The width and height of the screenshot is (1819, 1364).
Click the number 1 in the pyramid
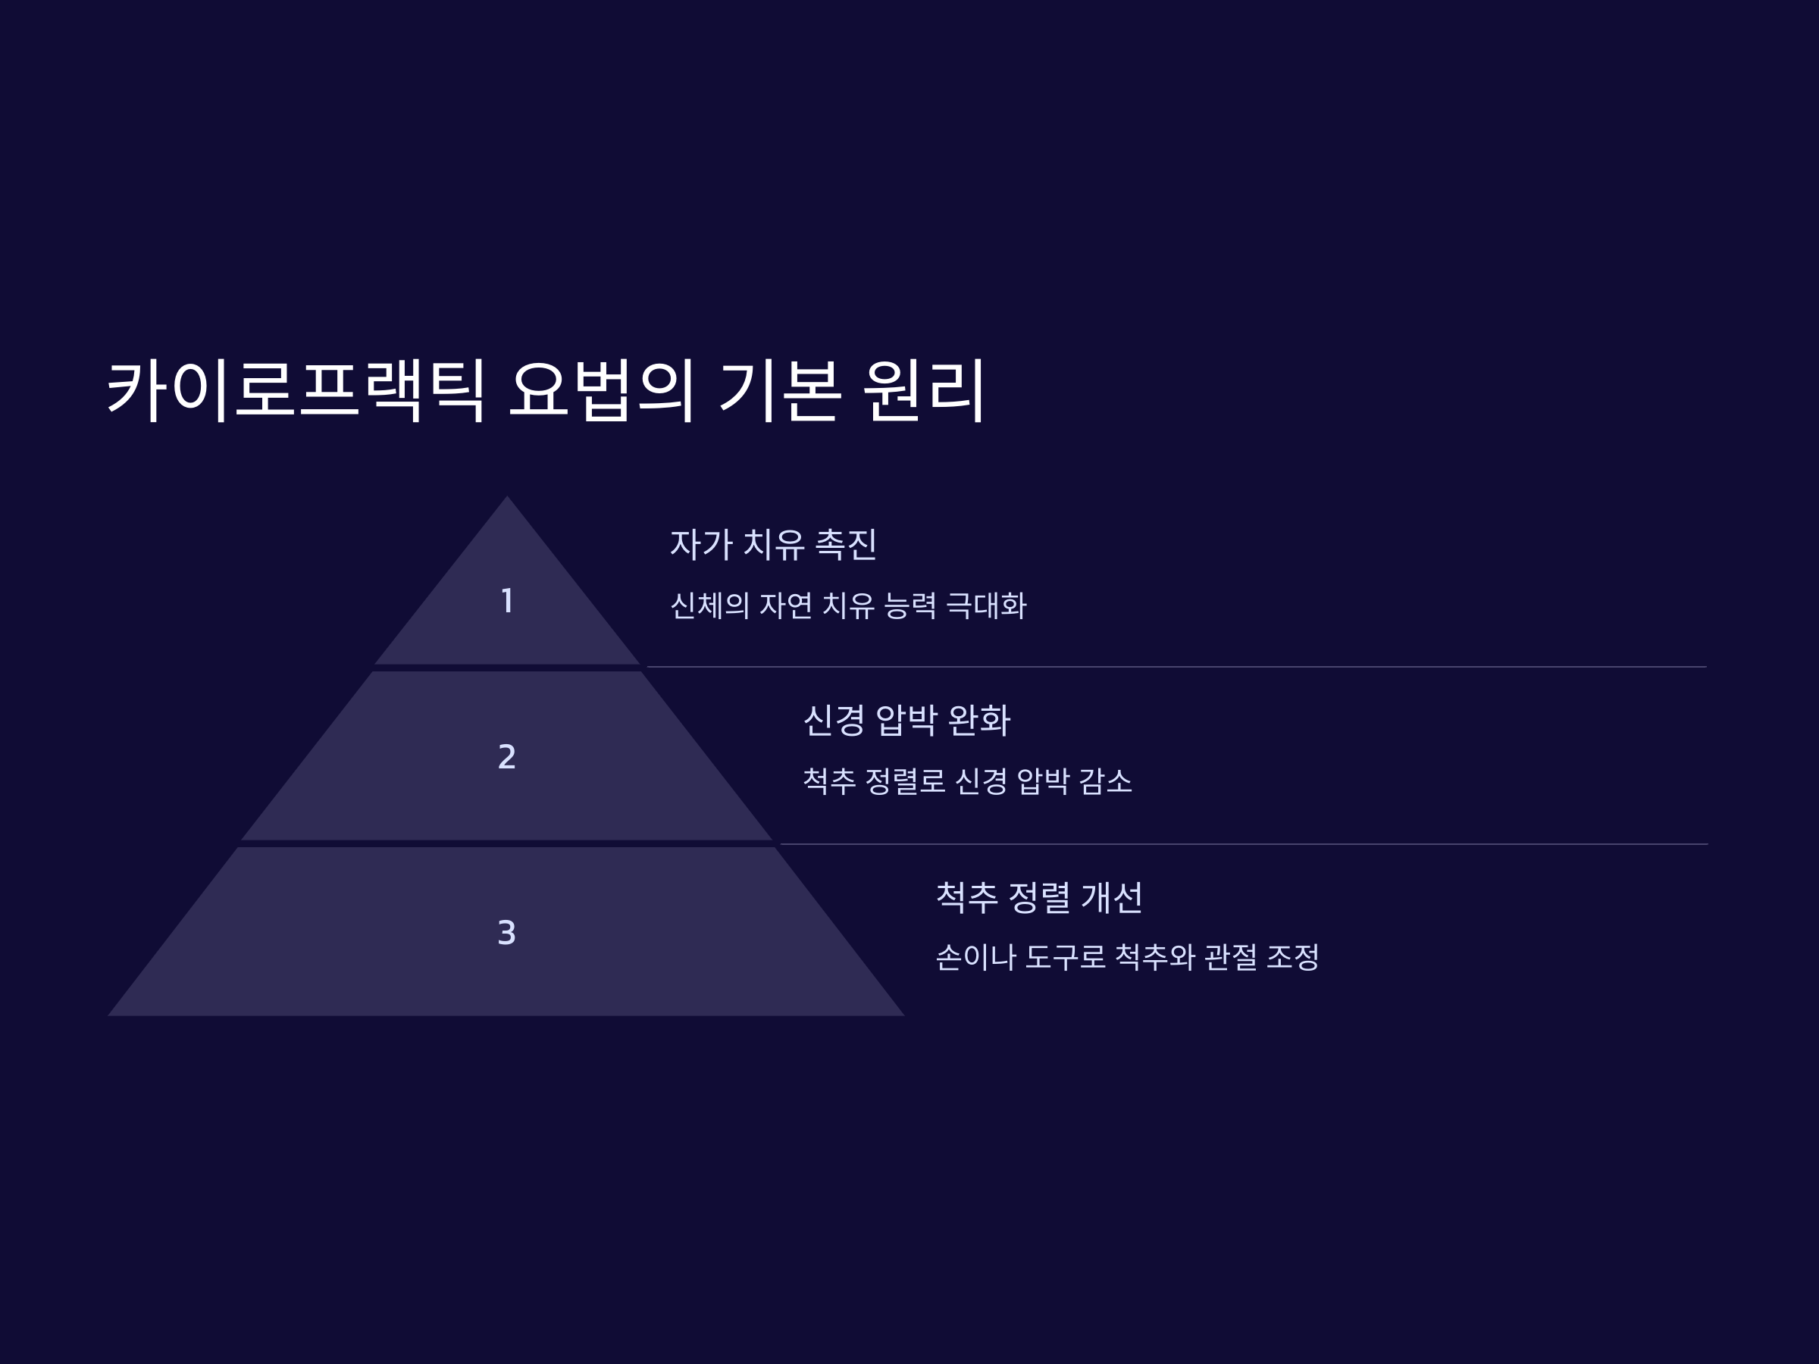click(x=507, y=601)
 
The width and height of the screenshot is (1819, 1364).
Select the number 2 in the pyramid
click(x=506, y=756)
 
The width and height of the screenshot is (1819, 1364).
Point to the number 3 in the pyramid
click(x=506, y=932)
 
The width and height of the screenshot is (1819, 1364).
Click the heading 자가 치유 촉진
click(x=773, y=544)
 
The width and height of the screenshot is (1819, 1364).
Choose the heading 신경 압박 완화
click(x=906, y=720)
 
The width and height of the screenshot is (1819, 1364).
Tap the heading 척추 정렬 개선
click(x=1038, y=897)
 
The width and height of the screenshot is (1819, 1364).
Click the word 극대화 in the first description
click(x=986, y=606)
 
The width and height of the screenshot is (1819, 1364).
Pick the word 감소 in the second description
click(x=1105, y=781)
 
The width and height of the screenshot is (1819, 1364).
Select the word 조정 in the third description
click(x=1292, y=957)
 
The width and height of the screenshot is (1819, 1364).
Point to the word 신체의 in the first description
click(x=709, y=606)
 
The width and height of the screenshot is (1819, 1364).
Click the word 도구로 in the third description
click(x=1065, y=957)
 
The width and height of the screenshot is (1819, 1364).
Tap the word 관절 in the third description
click(x=1230, y=957)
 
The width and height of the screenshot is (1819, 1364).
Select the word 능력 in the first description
click(x=909, y=606)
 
